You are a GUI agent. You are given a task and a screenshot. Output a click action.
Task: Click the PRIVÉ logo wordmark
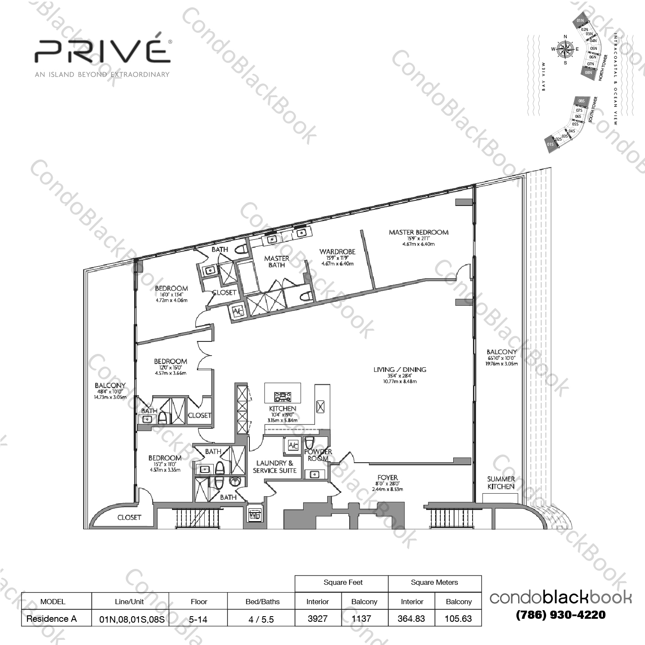tap(102, 51)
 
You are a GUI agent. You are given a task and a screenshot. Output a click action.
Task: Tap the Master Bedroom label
tap(418, 233)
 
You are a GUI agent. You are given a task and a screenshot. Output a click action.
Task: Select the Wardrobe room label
tap(337, 252)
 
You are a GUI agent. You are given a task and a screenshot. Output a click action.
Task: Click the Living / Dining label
tap(399, 370)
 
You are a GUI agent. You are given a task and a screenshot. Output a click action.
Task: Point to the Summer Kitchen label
tap(501, 483)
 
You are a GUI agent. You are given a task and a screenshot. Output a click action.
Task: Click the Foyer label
tap(387, 478)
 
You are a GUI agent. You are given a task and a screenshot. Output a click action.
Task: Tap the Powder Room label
tap(318, 455)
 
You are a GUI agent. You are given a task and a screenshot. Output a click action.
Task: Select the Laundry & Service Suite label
tap(275, 467)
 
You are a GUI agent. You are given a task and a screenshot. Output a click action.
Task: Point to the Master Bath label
tap(276, 261)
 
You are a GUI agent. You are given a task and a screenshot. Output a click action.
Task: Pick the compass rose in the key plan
tap(565, 49)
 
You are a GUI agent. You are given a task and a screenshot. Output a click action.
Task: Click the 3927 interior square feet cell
tap(318, 619)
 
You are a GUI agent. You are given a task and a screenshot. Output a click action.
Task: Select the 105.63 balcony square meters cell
tap(458, 619)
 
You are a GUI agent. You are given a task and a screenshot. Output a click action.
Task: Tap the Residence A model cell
tap(52, 619)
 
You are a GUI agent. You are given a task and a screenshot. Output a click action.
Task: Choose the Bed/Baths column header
tap(262, 602)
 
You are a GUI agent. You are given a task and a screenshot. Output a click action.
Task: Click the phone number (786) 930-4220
tap(561, 615)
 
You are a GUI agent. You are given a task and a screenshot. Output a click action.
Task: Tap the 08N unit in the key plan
tap(588, 73)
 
